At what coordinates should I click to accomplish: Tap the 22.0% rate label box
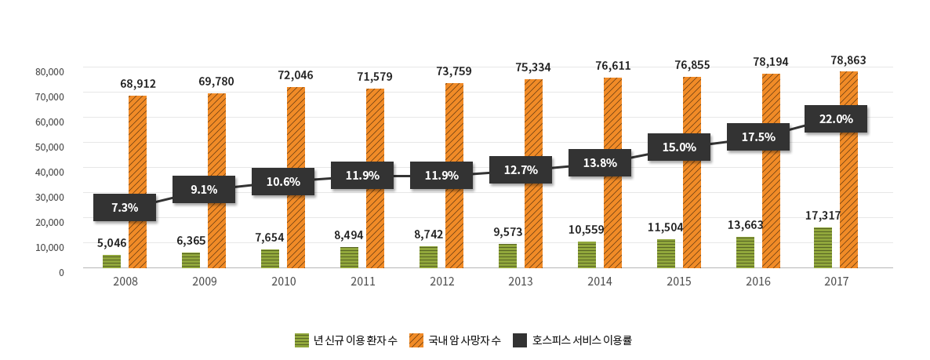pos(836,119)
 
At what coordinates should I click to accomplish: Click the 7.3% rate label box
pos(125,208)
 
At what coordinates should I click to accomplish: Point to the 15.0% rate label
pos(679,147)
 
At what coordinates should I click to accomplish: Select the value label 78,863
pos(848,60)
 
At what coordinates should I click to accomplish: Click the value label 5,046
pos(111,243)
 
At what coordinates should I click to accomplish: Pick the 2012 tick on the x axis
pos(441,282)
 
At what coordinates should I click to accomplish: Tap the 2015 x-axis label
pos(679,282)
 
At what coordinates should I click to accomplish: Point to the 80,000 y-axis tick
pos(49,71)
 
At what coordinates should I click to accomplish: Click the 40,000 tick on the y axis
pos(49,172)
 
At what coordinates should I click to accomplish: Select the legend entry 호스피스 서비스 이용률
pos(582,340)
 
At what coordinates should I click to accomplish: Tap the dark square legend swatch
pos(520,340)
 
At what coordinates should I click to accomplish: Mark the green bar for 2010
pos(270,259)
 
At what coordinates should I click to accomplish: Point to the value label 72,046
pos(296,75)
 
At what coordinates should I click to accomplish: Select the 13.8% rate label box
pos(600,163)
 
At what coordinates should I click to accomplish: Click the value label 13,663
pos(745,225)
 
